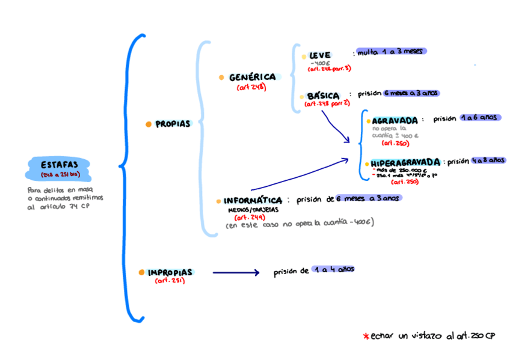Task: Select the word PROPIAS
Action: [x=173, y=124]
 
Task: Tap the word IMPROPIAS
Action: [x=170, y=272]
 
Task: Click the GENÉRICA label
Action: [x=252, y=77]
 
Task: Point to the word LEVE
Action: [x=320, y=55]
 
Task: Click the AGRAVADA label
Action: [x=395, y=120]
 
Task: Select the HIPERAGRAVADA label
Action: [x=405, y=162]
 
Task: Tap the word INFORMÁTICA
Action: [x=253, y=201]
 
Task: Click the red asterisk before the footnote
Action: [x=365, y=336]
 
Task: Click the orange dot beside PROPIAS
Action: [x=148, y=124]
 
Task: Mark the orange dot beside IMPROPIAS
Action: [x=141, y=272]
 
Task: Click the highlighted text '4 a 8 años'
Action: [x=488, y=160]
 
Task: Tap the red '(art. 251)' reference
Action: [x=170, y=281]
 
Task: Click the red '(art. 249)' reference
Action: [x=247, y=217]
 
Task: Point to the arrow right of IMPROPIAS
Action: [x=236, y=273]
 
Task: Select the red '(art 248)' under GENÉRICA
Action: [x=251, y=87]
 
